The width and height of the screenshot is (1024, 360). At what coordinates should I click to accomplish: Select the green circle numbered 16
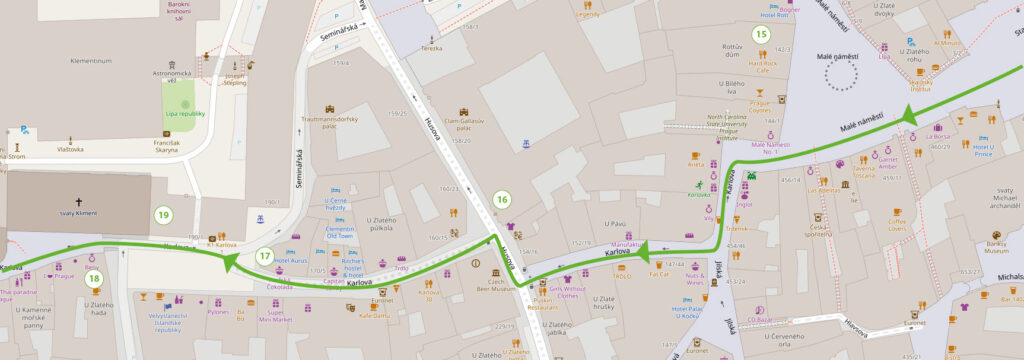tap(501, 199)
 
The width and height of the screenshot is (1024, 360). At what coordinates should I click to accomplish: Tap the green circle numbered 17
tap(264, 256)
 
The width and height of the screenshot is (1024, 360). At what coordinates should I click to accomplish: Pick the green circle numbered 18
tap(93, 278)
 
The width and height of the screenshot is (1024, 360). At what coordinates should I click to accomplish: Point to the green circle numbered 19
tap(163, 214)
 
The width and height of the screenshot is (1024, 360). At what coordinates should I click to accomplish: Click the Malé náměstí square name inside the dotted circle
tap(838, 58)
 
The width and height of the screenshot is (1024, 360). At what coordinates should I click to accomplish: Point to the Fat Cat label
tap(659, 273)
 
